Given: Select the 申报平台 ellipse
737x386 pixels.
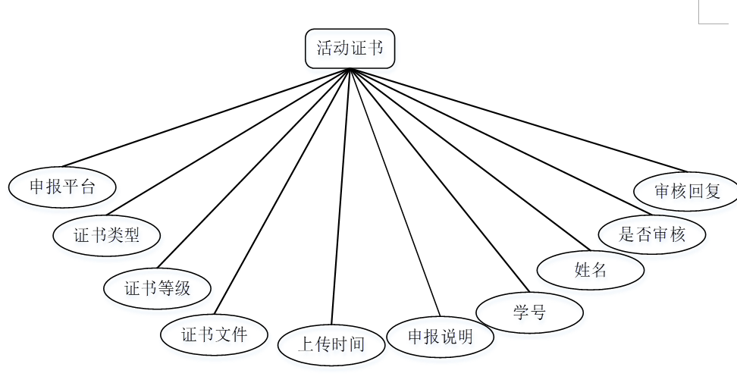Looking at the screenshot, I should (x=62, y=187).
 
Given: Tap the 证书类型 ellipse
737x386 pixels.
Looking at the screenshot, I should (x=106, y=234).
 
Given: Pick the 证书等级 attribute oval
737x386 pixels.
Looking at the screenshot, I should (x=157, y=287).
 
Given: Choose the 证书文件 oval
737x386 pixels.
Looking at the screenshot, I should (x=214, y=334).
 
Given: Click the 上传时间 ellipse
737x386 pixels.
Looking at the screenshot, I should (x=331, y=344).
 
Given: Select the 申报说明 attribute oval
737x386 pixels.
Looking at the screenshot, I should (x=440, y=336).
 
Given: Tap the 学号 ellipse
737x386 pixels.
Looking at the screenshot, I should (x=529, y=312).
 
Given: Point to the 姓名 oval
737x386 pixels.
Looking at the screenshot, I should (x=590, y=269).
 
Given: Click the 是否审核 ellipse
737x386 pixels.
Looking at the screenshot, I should (x=651, y=234).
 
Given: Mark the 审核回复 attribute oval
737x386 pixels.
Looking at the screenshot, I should (x=686, y=190).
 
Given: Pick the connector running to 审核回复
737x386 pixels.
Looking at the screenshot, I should (x=518, y=120).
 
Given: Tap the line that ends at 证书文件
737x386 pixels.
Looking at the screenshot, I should (x=281, y=191).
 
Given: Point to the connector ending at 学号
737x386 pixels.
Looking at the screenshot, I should (x=438, y=180).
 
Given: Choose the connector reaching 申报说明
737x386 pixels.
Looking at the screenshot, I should (x=394, y=192).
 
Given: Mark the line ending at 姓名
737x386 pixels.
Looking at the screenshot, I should (x=469, y=159).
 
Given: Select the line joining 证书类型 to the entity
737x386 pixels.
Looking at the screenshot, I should (x=227, y=142).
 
